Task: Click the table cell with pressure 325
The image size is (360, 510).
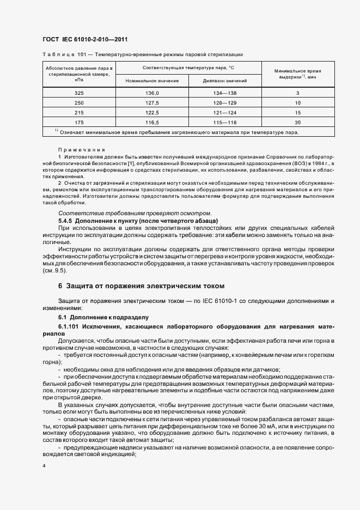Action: tap(79, 94)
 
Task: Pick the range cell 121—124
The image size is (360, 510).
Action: tap(224, 112)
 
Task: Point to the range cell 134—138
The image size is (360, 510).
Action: tap(224, 94)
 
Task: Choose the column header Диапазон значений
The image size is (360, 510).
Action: tap(224, 81)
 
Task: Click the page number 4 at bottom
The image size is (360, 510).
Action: tap(44, 466)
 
